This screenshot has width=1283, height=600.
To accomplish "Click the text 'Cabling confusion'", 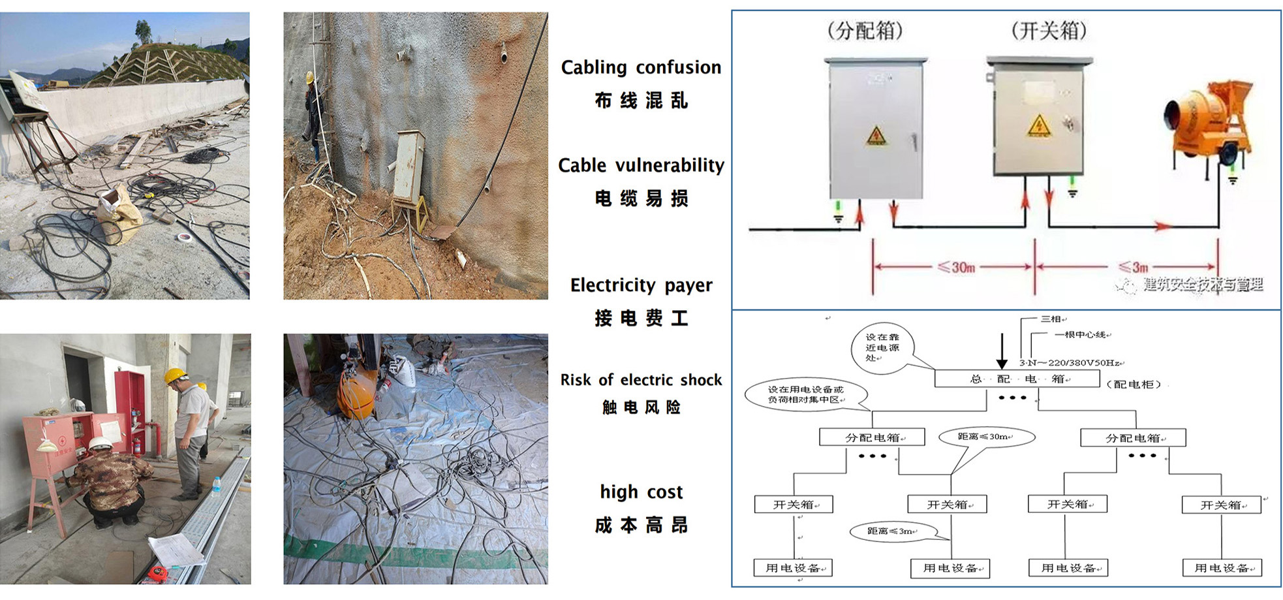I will pyautogui.click(x=641, y=67).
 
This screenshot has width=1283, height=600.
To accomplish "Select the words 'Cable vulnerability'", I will pyautogui.click(x=641, y=165).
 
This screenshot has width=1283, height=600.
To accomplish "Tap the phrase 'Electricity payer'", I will pyautogui.click(x=641, y=285).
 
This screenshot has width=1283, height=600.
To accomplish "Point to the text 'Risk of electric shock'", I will pyautogui.click(x=641, y=380).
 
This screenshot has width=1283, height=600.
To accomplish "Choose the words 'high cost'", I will pyautogui.click(x=641, y=492).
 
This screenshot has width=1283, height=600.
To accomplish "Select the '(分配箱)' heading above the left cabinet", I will pyautogui.click(x=865, y=31).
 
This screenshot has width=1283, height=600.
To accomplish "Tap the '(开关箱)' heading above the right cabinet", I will pyautogui.click(x=1048, y=31).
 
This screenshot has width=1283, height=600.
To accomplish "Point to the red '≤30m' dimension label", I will pyautogui.click(x=955, y=267).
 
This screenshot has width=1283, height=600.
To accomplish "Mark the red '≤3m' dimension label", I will pyautogui.click(x=1133, y=267).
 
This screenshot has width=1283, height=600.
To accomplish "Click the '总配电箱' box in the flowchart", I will pyautogui.click(x=1017, y=379).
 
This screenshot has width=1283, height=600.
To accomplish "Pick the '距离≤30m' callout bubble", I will pyautogui.click(x=985, y=437).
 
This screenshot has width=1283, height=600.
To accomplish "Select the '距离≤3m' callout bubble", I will pyautogui.click(x=891, y=531).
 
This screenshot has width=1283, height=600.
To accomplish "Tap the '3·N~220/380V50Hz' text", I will pyautogui.click(x=1070, y=363).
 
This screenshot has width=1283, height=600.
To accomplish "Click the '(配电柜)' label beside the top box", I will pyautogui.click(x=1134, y=385).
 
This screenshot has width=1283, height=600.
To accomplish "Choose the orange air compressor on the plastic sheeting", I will pyautogui.click(x=356, y=392).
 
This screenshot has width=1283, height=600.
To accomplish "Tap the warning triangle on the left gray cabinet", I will pyautogui.click(x=876, y=136).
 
